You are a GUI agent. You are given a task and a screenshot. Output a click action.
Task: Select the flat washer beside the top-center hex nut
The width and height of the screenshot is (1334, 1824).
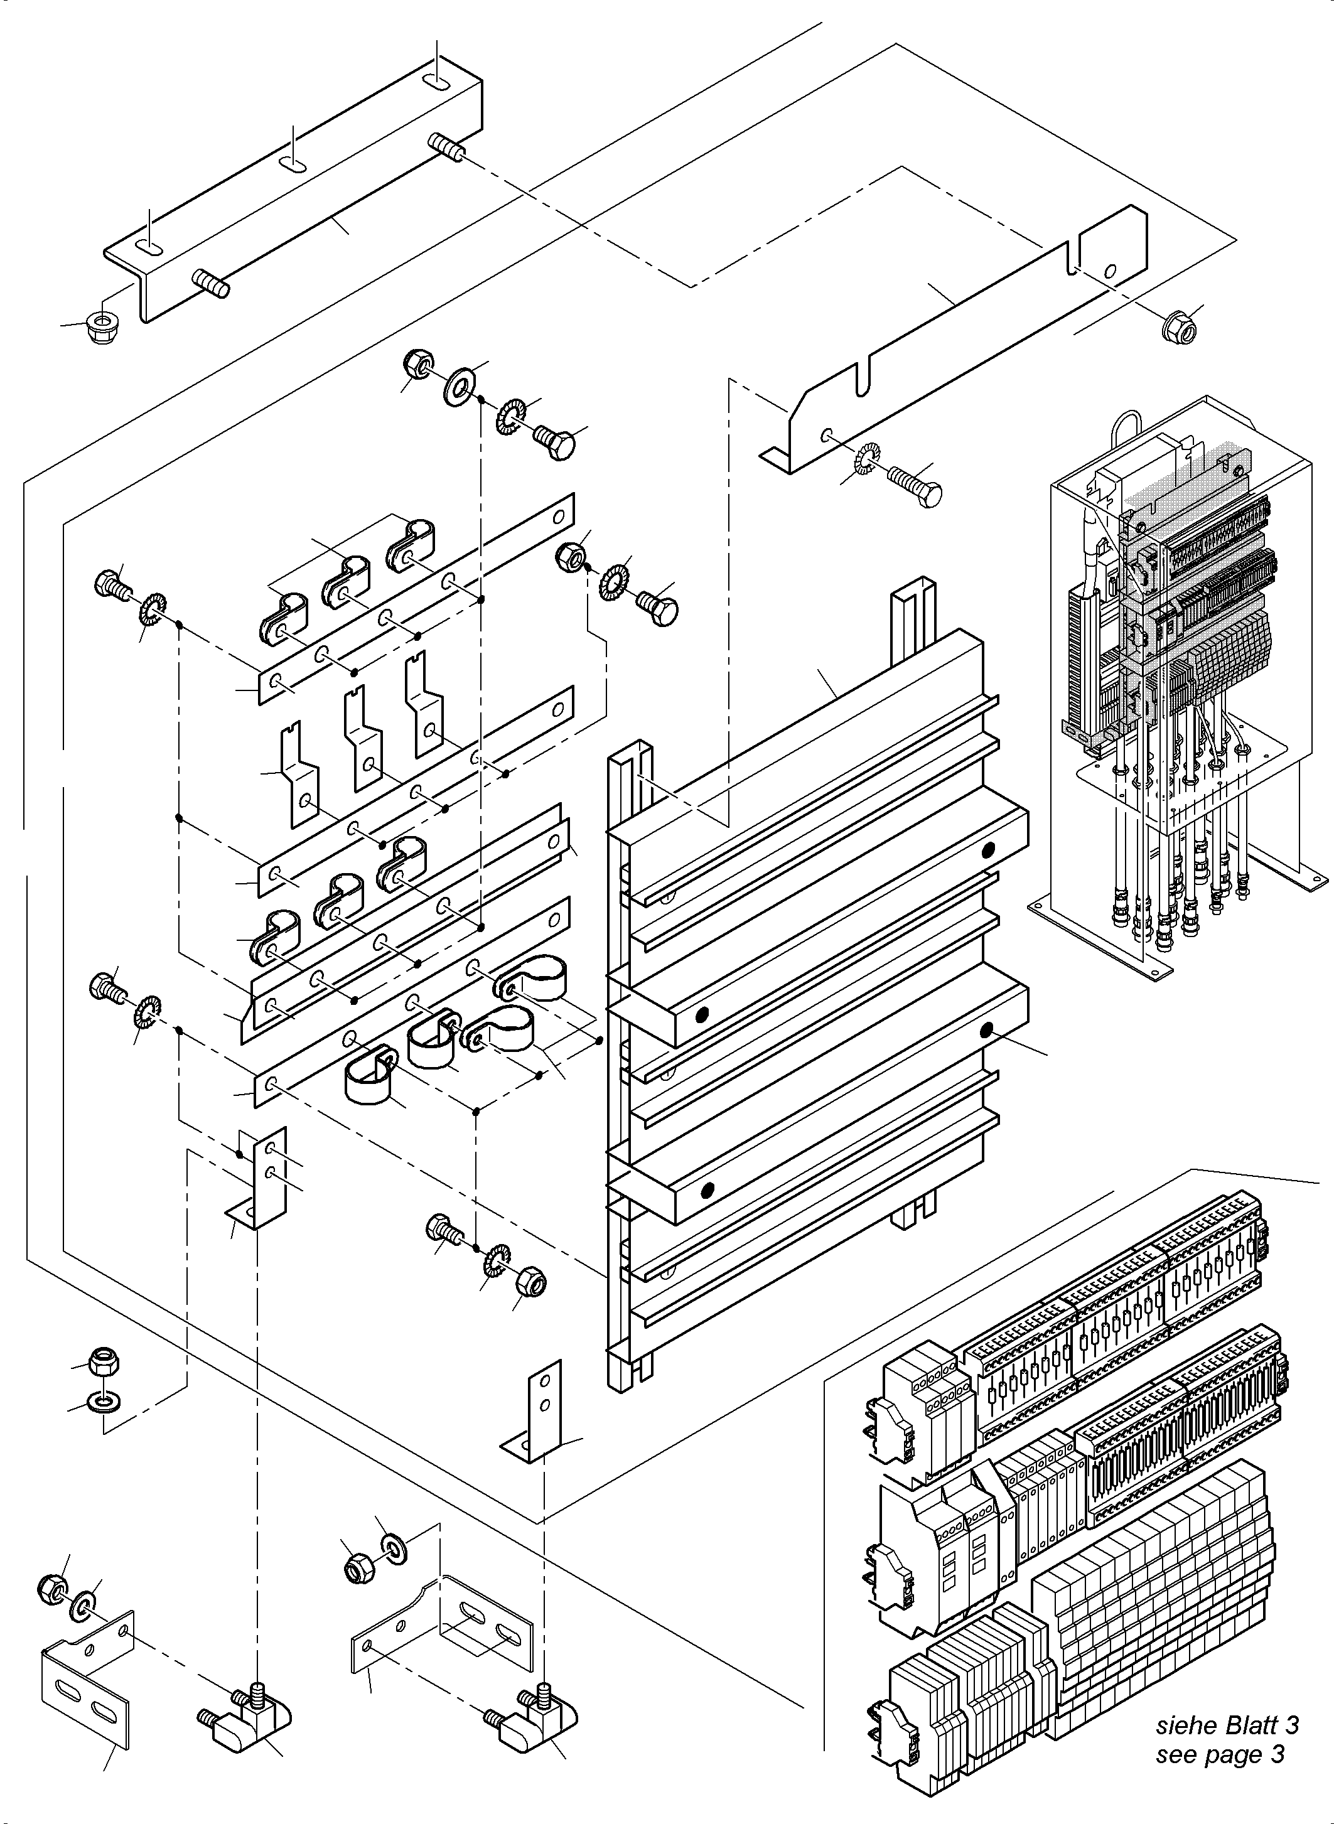460,378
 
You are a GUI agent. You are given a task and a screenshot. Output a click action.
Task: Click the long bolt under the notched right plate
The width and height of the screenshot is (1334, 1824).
915,485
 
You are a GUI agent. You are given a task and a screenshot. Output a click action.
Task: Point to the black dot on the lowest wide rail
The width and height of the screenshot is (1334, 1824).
708,1189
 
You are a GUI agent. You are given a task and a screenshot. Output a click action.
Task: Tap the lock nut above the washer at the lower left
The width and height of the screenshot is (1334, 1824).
104,1362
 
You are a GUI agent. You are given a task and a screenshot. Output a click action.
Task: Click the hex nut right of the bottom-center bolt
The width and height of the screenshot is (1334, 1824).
530,1282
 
